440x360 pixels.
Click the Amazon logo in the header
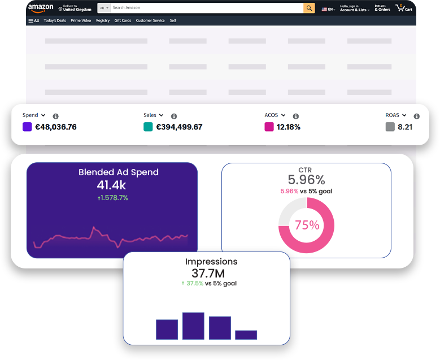coord(41,8)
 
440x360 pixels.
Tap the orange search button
coord(309,8)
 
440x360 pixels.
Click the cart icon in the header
coord(404,8)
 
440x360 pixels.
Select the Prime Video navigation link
coord(81,20)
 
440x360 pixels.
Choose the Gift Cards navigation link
coord(123,20)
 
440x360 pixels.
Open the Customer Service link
coord(150,20)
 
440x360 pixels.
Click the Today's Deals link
coord(55,20)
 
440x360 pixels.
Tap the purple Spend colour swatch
coord(27,127)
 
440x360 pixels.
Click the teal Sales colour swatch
coord(148,127)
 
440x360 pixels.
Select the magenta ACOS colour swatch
coord(269,127)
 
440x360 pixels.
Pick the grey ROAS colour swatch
coord(390,127)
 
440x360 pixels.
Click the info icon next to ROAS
coord(416,116)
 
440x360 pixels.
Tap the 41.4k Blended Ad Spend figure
coord(111,185)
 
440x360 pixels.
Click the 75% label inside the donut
coord(307,225)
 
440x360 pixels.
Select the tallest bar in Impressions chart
coord(193,326)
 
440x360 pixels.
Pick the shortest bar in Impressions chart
coord(246,335)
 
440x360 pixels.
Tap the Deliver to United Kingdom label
coord(75,8)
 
